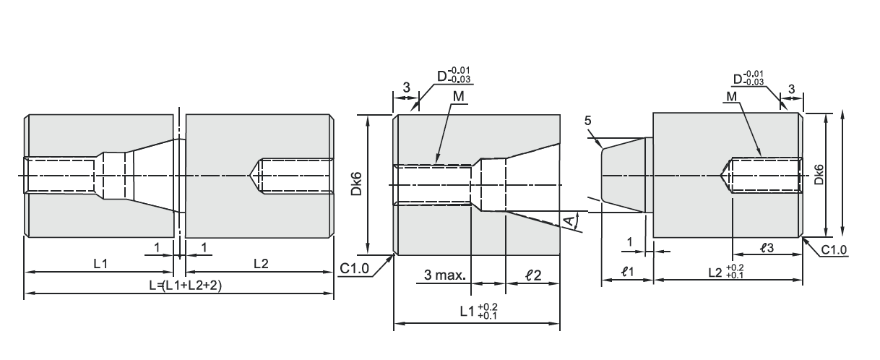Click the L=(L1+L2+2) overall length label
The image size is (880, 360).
(186, 285)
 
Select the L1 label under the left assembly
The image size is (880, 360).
(100, 263)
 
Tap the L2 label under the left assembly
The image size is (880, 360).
(261, 263)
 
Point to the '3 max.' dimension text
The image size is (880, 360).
(445, 275)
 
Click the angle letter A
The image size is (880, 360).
(569, 221)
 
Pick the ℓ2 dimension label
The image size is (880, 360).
(533, 275)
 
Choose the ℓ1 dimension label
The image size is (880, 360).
(627, 271)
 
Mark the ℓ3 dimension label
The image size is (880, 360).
(767, 248)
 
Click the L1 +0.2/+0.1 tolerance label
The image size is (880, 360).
(479, 312)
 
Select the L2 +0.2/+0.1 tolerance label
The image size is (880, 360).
(726, 272)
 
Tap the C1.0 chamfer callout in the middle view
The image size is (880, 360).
(354, 268)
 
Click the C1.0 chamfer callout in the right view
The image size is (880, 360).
(834, 249)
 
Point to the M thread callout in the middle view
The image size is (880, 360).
(459, 96)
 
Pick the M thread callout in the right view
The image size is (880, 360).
(731, 96)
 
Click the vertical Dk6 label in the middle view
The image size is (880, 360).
(356, 184)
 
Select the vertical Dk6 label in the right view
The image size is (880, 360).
(819, 174)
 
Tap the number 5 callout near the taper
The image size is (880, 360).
(587, 121)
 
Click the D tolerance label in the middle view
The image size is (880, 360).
(454, 75)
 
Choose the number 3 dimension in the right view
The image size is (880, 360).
(792, 89)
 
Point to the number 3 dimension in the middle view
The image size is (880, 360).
(406, 87)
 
